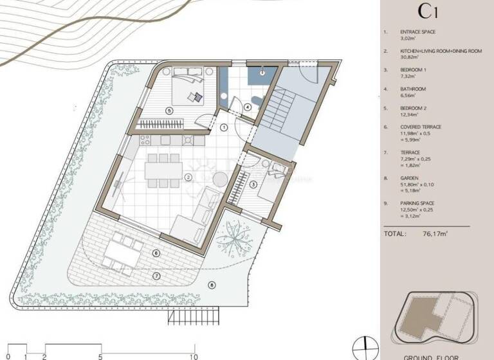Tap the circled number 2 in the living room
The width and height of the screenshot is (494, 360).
(x=188, y=177)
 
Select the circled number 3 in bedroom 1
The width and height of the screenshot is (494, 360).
(x=253, y=185)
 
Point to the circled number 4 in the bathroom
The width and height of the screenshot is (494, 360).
(x=248, y=107)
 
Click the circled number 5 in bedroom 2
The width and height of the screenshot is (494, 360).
(x=169, y=111)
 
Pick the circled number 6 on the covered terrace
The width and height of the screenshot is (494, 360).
(x=156, y=253)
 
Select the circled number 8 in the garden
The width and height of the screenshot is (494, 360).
(x=212, y=284)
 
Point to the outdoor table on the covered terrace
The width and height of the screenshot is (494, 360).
(x=125, y=251)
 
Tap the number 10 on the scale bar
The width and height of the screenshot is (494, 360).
(x=192, y=355)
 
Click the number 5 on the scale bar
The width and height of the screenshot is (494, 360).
(x=100, y=355)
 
